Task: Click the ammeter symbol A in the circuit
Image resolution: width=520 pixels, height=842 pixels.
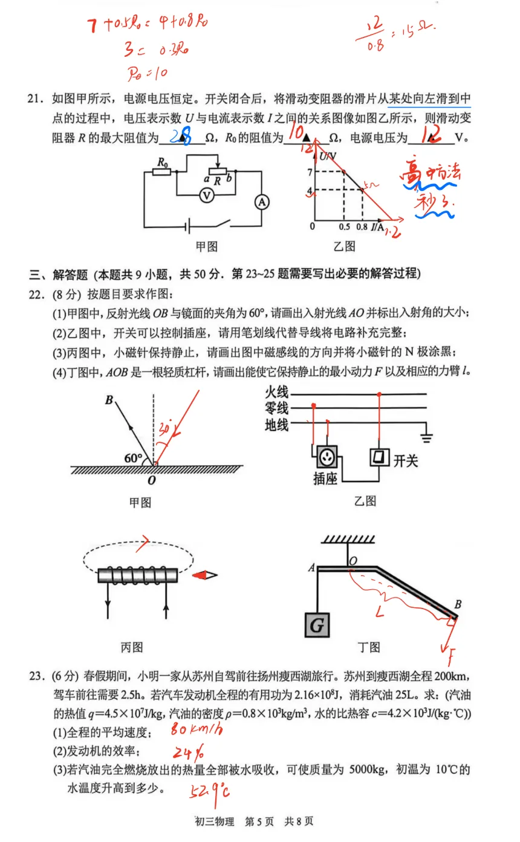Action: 261,203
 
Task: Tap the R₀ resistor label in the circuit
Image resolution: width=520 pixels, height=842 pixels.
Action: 161,162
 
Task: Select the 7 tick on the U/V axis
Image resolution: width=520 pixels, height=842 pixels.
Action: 308,172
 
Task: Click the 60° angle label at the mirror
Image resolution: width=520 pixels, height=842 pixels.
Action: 133,458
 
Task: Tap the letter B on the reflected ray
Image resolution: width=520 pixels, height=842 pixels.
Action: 108,400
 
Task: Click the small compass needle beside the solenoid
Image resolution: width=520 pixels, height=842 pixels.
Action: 206,575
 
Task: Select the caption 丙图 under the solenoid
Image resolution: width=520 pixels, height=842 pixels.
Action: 132,647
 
